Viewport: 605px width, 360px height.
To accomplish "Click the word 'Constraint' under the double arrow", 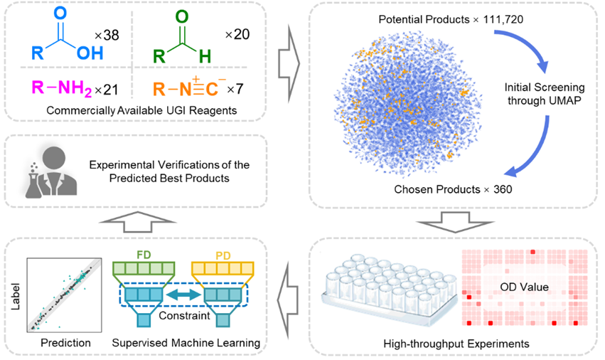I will pyautogui.click(x=186, y=314).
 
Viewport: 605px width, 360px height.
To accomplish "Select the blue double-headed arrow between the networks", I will pyautogui.click(x=186, y=292).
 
